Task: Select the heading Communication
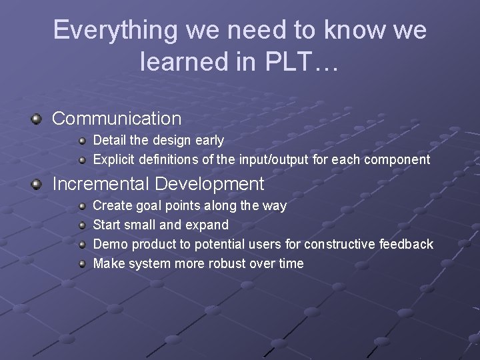[x=117, y=119]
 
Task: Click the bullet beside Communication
[x=36, y=119]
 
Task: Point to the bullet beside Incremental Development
[x=36, y=183]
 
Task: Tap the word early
[x=208, y=141]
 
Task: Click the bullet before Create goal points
[x=82, y=205]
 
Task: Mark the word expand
[x=207, y=225]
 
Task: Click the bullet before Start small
[x=82, y=225]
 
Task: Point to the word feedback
[x=406, y=245]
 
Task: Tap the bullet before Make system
[x=82, y=263]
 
